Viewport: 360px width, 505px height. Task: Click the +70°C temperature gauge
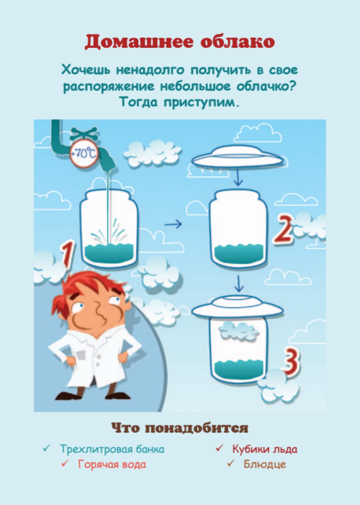[x=84, y=154]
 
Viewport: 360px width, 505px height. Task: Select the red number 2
[x=283, y=230]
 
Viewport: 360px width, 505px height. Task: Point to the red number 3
[x=290, y=362]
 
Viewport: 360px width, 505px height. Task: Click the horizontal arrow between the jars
[x=173, y=224]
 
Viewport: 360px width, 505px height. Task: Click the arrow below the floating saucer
[x=238, y=179]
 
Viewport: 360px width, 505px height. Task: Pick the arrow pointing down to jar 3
[x=239, y=284]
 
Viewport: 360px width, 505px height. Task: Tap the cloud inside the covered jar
[x=239, y=331]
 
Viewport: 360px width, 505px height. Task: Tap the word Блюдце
[x=265, y=468]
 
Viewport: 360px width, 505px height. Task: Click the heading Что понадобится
[x=180, y=428]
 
